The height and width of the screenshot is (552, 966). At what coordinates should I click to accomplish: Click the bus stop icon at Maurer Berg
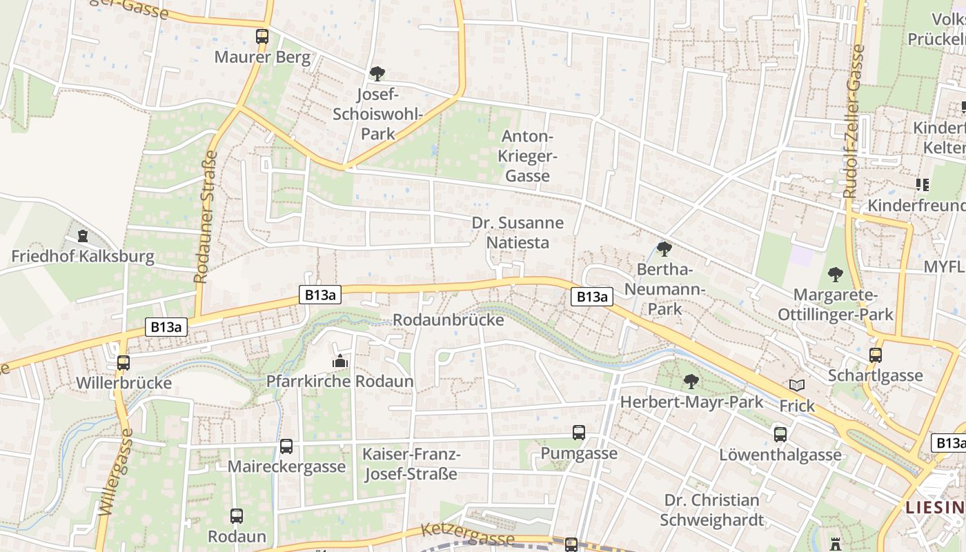[x=262, y=37]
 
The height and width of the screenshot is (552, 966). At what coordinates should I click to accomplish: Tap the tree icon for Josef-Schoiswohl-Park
[x=377, y=73]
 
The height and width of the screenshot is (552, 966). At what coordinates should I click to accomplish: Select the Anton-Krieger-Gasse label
[x=528, y=156]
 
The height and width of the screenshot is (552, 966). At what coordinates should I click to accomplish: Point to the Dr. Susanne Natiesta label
[x=517, y=233]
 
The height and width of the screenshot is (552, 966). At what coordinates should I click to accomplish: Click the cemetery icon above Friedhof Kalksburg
[x=83, y=236]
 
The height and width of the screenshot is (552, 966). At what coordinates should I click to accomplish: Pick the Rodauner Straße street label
[x=205, y=217]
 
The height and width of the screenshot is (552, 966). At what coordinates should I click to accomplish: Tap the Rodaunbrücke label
[x=448, y=320]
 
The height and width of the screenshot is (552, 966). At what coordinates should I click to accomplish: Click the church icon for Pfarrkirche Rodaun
[x=339, y=361]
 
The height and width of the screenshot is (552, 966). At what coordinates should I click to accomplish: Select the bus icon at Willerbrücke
[x=124, y=363]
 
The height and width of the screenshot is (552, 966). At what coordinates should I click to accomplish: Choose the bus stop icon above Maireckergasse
[x=286, y=446]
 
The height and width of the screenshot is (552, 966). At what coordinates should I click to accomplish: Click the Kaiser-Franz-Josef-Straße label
[x=411, y=464]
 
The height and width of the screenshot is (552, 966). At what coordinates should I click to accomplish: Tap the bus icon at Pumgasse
[x=579, y=433]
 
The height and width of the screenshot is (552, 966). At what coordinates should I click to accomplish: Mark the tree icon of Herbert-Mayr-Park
[x=691, y=381]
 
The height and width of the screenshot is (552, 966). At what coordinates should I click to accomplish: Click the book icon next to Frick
[x=797, y=386]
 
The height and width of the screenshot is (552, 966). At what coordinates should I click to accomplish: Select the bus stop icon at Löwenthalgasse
[x=780, y=434]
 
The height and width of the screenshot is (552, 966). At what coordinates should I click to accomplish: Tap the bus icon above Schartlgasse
[x=876, y=355]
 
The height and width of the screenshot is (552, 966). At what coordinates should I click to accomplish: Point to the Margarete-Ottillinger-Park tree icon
[x=836, y=275]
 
